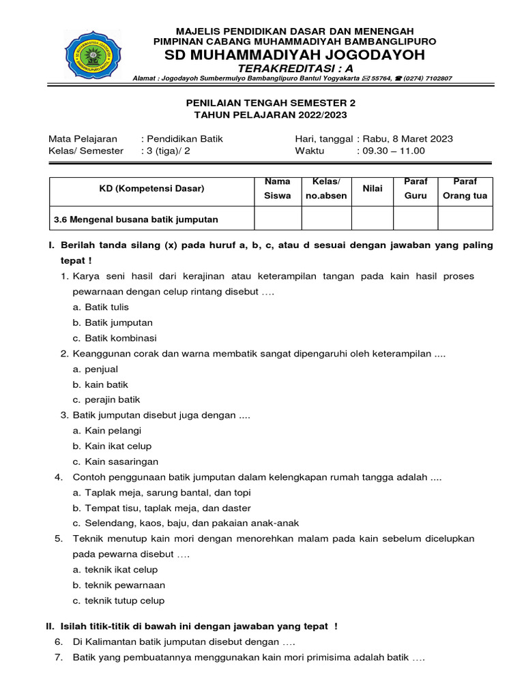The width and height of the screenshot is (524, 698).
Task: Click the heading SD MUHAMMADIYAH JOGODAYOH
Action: pyautogui.click(x=295, y=55)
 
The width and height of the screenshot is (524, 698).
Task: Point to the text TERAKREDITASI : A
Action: pyautogui.click(x=295, y=69)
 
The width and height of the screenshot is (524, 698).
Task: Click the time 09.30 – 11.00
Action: pyautogui.click(x=390, y=151)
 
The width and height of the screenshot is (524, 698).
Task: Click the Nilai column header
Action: pyautogui.click(x=373, y=188)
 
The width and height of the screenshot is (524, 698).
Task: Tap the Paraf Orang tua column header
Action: pyautogui.click(x=465, y=189)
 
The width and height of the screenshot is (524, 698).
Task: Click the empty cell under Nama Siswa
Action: pyautogui.click(x=278, y=218)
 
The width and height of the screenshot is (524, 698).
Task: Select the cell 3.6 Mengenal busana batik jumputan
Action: pyautogui.click(x=136, y=219)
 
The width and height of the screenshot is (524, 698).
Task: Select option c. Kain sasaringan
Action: pyautogui.click(x=115, y=461)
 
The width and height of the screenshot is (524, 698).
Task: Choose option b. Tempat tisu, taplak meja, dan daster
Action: pyautogui.click(x=162, y=508)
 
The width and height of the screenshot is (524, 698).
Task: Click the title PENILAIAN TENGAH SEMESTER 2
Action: pyautogui.click(x=271, y=102)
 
